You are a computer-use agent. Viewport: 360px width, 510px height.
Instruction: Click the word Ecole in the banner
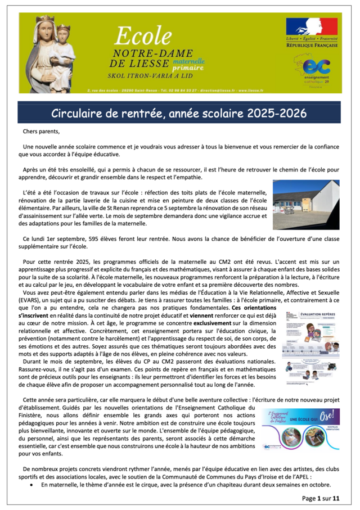(143, 36)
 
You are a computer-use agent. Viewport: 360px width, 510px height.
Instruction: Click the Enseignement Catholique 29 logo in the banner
(316, 71)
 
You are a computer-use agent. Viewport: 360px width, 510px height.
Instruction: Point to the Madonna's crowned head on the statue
(45, 25)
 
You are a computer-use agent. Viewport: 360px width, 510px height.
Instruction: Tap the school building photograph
(306, 204)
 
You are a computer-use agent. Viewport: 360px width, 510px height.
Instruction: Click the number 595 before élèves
(100, 239)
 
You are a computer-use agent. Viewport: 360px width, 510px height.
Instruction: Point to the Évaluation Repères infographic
(311, 346)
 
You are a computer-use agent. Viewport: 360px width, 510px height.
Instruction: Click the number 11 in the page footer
(336, 498)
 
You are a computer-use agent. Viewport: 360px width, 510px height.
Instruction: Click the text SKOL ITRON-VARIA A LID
(149, 75)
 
